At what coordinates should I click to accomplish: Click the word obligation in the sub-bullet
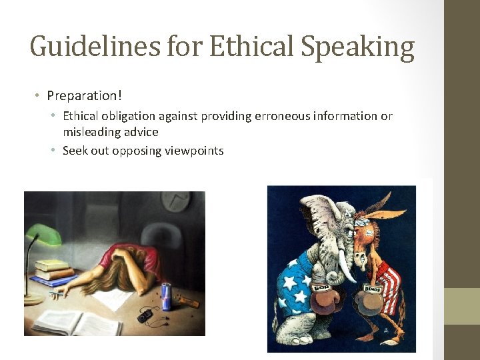coord(128,116)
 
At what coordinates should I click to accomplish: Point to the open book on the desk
coord(77,322)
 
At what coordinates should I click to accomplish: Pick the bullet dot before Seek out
coord(52,151)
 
